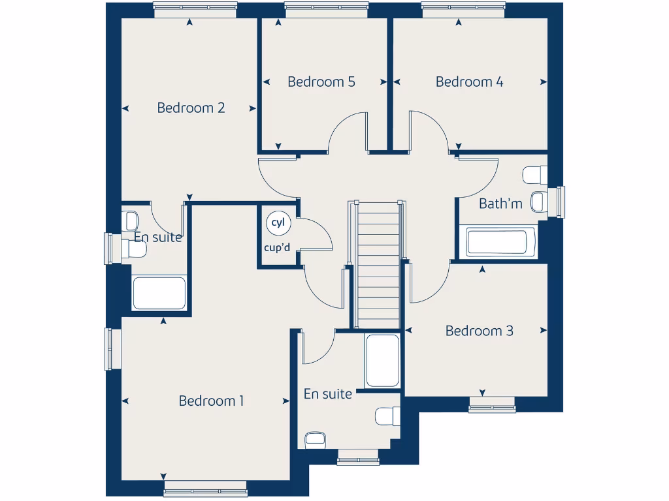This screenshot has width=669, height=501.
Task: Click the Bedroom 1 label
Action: (x=211, y=401)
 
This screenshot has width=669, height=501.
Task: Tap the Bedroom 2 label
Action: (x=191, y=108)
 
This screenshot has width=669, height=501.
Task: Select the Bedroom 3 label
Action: (x=479, y=331)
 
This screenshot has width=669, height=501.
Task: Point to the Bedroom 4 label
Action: (x=469, y=82)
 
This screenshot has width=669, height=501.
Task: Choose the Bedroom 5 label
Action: (x=321, y=82)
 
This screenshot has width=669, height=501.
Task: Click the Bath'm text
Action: (x=500, y=204)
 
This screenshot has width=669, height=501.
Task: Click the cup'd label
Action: (x=277, y=247)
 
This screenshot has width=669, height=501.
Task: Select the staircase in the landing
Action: (x=378, y=264)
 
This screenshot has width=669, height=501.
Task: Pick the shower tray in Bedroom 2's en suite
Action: (x=159, y=293)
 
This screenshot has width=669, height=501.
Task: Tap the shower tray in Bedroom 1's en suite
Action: (x=382, y=361)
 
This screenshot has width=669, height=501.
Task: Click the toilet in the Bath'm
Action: (x=536, y=175)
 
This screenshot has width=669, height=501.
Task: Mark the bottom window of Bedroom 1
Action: (x=205, y=489)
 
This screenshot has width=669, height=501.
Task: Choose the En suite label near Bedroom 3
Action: (x=327, y=394)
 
